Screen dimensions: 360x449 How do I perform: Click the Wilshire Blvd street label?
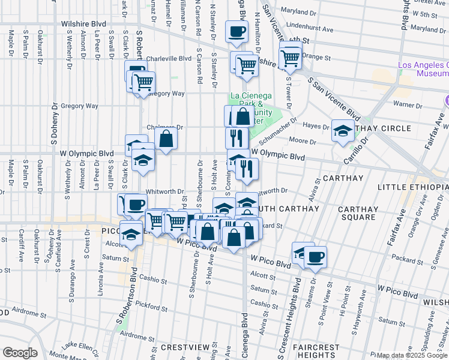83,24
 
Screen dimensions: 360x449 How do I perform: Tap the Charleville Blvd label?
169,59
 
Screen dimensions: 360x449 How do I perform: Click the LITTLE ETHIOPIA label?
412,188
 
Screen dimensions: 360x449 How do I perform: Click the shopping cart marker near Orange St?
291,58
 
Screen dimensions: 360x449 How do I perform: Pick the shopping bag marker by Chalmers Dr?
166,138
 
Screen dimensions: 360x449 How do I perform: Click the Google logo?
19,353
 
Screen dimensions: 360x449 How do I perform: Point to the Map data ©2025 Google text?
412,355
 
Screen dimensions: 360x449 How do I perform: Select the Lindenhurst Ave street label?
310,28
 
